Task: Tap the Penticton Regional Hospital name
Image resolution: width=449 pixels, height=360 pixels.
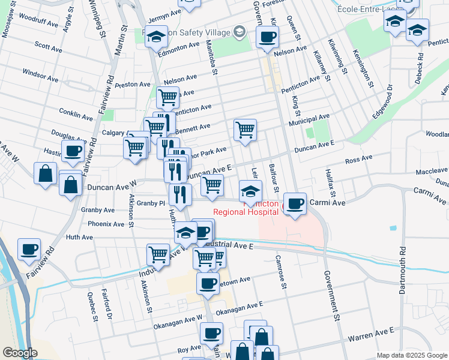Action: click(x=246, y=208)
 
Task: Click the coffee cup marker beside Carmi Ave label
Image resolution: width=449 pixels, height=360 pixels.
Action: click(x=294, y=204)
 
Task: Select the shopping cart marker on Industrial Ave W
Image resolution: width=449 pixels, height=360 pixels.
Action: click(x=158, y=254)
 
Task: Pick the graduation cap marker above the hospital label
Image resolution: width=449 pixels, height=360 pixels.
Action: click(x=250, y=191)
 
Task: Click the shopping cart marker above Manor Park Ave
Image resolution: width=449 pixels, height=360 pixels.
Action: click(x=245, y=129)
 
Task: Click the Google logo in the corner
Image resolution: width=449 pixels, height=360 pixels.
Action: click(x=20, y=353)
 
